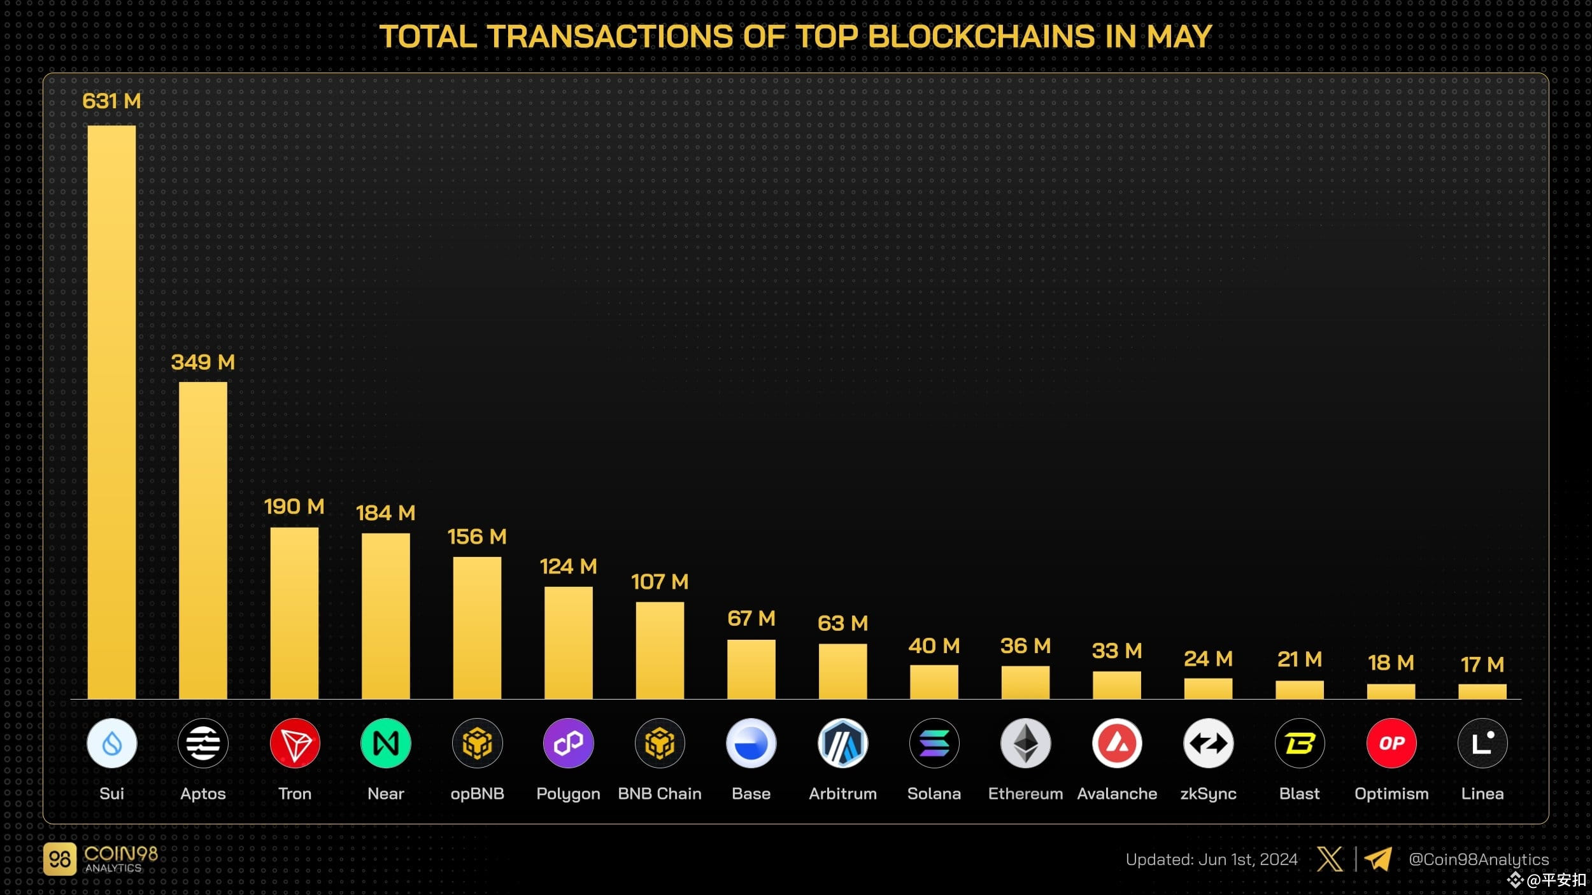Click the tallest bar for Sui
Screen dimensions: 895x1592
[111, 412]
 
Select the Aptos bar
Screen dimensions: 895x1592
[203, 540]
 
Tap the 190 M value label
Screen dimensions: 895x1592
[294, 507]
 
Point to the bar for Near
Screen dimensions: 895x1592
[385, 616]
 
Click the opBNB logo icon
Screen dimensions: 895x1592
[477, 743]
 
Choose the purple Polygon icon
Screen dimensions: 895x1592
[568, 743]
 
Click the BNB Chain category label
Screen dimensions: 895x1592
[660, 794]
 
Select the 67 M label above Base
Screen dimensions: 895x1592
[751, 618]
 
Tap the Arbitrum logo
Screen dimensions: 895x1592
[842, 743]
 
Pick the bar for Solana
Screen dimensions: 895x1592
[934, 682]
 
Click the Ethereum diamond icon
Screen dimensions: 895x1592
[1025, 743]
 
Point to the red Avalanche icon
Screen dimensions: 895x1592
[1117, 743]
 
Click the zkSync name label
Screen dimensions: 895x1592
[1208, 794]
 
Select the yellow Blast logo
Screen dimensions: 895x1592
[1299, 743]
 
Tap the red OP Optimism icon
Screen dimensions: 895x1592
[1391, 743]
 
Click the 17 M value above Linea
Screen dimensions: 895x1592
[1482, 665]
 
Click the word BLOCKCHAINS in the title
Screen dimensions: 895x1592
[981, 36]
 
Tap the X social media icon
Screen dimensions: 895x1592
[1330, 859]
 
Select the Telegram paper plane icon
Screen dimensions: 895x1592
[1377, 859]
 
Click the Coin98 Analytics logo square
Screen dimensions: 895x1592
[60, 859]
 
